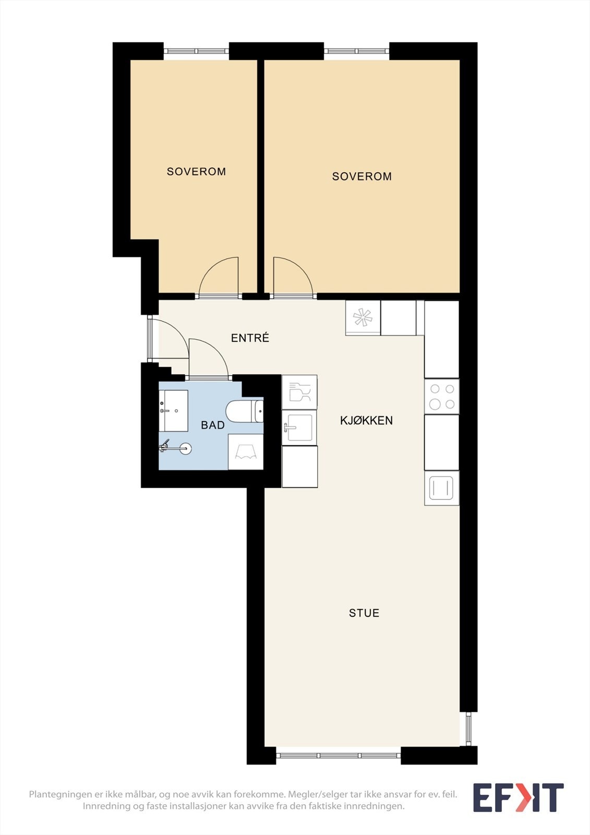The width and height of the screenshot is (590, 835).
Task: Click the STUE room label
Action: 364,613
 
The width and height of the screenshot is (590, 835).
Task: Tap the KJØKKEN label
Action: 366,421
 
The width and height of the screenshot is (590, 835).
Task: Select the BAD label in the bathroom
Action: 212,425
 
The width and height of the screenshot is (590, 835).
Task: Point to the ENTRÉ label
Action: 250,338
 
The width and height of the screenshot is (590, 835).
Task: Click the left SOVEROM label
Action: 196,172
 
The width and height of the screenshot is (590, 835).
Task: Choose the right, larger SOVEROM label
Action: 362,176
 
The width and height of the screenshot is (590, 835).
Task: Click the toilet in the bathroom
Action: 245,411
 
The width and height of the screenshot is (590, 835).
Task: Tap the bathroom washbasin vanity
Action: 173,411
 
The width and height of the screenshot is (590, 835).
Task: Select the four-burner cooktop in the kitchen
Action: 442,396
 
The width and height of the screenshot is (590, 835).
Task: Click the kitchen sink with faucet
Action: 299,427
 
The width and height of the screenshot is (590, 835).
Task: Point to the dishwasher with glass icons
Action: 299,392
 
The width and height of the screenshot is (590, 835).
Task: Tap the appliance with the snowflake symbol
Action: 363,318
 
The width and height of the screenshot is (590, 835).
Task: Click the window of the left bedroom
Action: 197,51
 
